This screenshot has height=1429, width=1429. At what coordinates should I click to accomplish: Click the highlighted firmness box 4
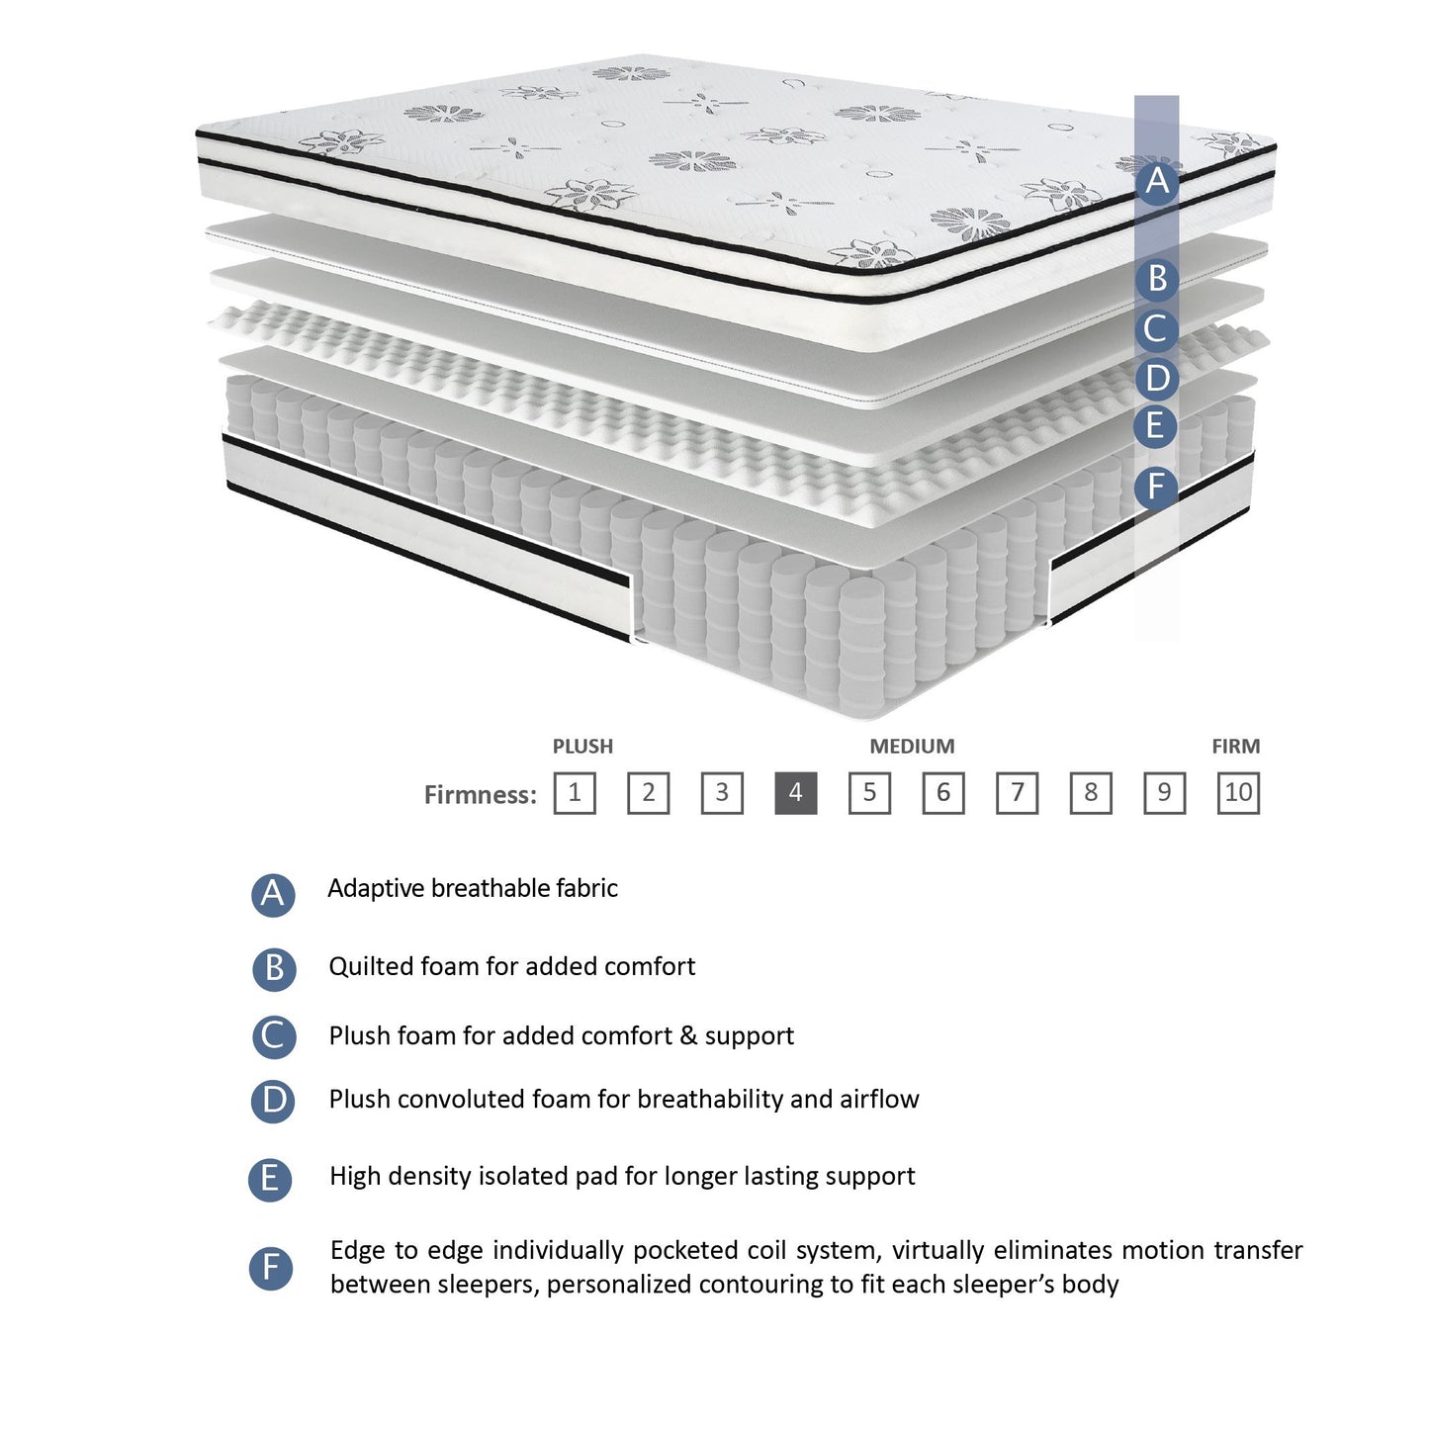[795, 793]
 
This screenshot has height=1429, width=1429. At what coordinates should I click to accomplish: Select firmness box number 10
[1238, 793]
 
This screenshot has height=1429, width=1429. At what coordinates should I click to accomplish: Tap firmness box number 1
[575, 793]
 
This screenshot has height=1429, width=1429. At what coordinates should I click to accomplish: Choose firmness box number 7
[1017, 793]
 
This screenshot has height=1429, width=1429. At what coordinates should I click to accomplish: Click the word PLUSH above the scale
[582, 747]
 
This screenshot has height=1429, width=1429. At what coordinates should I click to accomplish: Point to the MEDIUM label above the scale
[912, 747]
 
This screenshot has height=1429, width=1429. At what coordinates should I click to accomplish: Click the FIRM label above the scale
[1235, 747]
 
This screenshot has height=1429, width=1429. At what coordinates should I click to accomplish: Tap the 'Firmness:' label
[480, 795]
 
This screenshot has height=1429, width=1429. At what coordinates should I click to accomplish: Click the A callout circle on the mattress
[1156, 182]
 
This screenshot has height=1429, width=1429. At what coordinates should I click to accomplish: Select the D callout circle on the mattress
[1156, 378]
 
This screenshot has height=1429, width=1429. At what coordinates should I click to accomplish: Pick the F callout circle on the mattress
[1156, 487]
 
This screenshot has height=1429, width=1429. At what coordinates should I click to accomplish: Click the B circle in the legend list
[274, 968]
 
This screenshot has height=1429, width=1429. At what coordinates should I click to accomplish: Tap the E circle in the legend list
[270, 1179]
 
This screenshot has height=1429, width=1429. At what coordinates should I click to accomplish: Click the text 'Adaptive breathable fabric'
[472, 888]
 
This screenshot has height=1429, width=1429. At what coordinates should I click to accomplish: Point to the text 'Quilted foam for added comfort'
[511, 966]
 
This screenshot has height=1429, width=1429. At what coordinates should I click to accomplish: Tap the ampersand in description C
[688, 1035]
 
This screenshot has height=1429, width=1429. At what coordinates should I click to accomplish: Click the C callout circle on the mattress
[1156, 328]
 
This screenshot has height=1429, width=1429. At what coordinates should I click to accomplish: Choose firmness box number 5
[869, 793]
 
